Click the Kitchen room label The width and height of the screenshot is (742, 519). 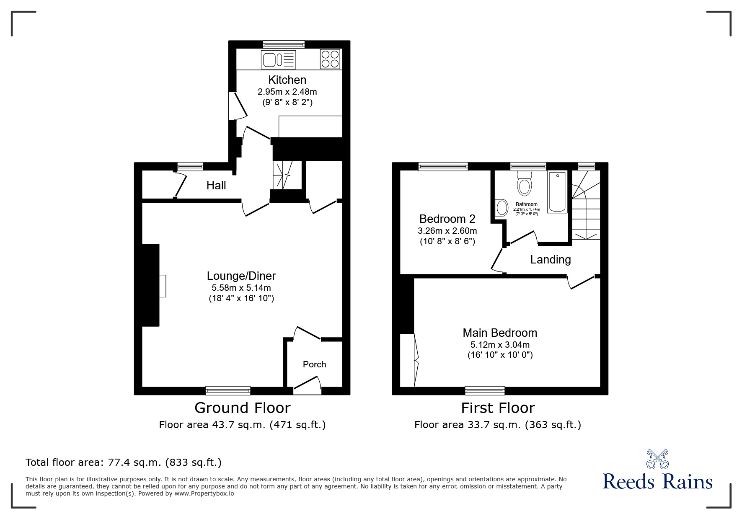[287, 80]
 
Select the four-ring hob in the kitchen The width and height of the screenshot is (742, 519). [330, 59]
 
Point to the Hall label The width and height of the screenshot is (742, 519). [216, 185]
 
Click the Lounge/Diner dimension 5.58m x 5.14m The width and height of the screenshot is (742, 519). [241, 288]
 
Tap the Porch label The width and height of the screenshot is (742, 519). [314, 364]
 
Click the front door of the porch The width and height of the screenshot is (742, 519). [307, 385]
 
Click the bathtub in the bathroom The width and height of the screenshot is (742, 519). [557, 192]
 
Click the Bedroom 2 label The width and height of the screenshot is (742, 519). [447, 219]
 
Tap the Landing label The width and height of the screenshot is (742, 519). [550, 260]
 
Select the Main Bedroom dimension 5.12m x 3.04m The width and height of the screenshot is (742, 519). [500, 345]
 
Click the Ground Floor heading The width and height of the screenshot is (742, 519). [242, 408]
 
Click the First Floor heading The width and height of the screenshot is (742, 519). [498, 408]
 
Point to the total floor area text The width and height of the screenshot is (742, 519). [124, 462]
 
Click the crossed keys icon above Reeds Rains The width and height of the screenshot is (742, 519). [657, 459]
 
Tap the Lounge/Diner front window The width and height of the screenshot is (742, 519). [228, 390]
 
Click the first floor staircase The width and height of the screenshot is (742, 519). [586, 209]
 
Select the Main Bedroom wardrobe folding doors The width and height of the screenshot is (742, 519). [416, 360]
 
